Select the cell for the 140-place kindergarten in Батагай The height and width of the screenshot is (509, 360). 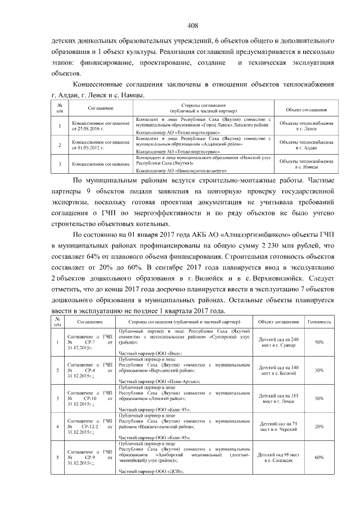(x=278, y=370)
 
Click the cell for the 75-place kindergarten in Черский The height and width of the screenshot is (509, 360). (x=278, y=427)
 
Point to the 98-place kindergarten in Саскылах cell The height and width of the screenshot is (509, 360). (x=278, y=457)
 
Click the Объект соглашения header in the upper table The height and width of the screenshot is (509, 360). (x=306, y=109)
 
